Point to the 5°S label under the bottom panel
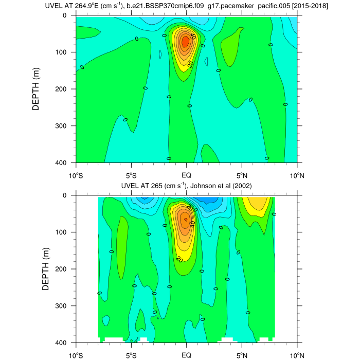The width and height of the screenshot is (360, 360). point(131,355)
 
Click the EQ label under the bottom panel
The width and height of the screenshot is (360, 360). point(186,355)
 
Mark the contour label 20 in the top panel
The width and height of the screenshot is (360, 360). point(190,64)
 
